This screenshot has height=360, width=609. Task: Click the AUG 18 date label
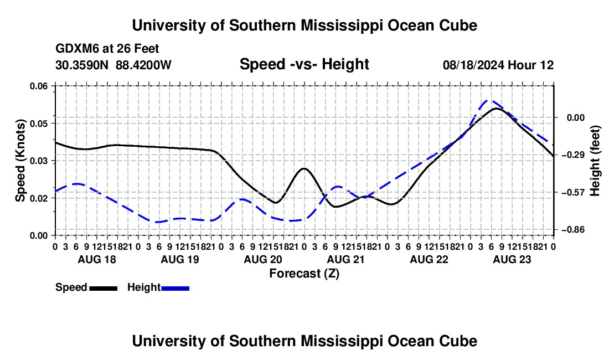click(97, 259)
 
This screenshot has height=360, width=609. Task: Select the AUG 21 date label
click(346, 259)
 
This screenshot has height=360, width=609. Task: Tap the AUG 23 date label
click(512, 259)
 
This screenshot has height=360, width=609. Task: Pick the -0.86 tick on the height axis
click(573, 230)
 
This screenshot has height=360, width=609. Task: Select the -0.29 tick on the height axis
click(573, 155)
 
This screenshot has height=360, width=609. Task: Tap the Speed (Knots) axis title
click(20, 161)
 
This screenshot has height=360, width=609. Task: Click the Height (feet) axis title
click(595, 161)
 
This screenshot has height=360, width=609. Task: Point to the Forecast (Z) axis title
click(304, 274)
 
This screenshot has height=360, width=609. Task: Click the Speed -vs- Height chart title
click(304, 64)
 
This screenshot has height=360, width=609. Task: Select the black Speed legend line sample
click(104, 288)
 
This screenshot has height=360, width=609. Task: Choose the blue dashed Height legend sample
click(175, 288)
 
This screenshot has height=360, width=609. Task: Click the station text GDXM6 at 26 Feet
click(107, 49)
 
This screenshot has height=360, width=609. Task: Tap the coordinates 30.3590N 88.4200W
click(113, 65)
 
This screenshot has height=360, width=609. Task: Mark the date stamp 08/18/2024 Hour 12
click(498, 65)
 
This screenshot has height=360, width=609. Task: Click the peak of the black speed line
click(497, 109)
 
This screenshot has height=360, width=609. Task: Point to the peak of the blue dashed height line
click(489, 100)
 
